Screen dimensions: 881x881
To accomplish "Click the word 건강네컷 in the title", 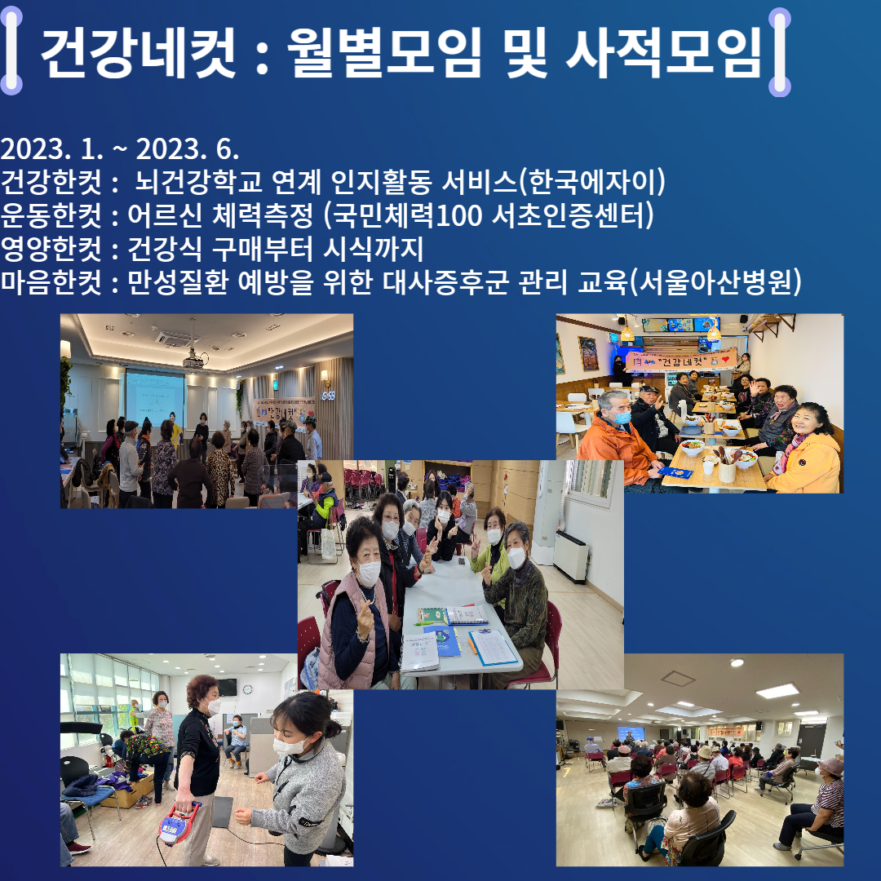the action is [x=138, y=52].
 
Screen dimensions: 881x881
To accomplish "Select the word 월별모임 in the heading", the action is [x=384, y=52].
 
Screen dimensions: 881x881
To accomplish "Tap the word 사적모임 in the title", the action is [x=663, y=52].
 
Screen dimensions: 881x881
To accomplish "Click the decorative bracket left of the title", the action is [x=11, y=51].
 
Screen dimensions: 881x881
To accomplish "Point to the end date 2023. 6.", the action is [x=187, y=149].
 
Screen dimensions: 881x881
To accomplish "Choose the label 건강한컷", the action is [x=51, y=181].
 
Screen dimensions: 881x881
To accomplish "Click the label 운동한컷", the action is [x=51, y=215].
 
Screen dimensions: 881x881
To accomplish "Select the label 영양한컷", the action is [x=51, y=248].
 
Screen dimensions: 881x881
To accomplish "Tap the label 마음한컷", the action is [x=51, y=281].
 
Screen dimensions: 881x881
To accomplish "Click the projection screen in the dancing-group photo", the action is [x=154, y=398].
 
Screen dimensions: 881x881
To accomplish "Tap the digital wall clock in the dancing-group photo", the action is [x=328, y=396].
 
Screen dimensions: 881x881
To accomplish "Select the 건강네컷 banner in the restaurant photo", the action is [x=680, y=361].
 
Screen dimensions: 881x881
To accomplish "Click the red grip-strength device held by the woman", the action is [x=179, y=824].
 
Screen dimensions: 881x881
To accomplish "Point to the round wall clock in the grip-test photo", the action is [x=248, y=689].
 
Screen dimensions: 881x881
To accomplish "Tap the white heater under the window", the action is [x=570, y=556].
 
